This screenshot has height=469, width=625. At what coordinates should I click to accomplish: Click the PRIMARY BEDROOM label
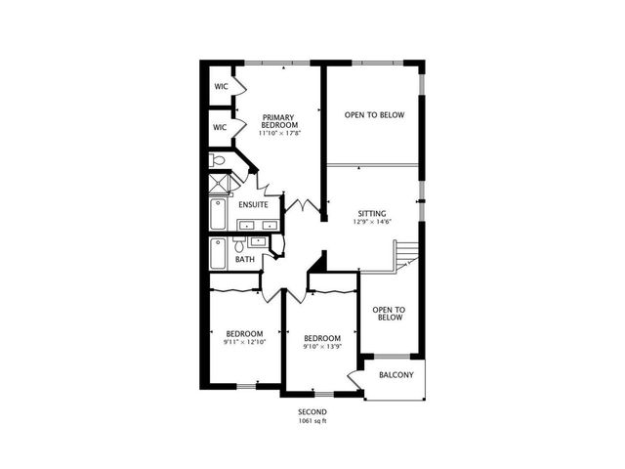tap(278, 120)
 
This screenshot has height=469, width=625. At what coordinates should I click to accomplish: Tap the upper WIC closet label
tap(221, 86)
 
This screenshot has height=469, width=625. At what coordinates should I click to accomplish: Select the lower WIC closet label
tap(221, 127)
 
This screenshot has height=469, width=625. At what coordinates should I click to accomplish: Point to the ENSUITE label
tap(253, 204)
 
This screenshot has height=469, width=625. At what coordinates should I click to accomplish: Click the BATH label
tap(244, 260)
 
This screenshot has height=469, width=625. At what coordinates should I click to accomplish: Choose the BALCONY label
tap(395, 375)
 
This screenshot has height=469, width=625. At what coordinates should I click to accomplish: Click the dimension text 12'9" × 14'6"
tap(371, 222)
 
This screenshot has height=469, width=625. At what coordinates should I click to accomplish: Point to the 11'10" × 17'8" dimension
tap(278, 132)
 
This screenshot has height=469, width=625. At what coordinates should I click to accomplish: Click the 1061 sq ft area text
tap(312, 421)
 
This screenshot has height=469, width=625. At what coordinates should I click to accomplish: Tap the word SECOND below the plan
tap(312, 412)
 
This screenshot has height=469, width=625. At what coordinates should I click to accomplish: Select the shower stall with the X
tap(222, 183)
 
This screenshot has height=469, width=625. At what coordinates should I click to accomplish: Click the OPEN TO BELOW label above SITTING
tap(374, 115)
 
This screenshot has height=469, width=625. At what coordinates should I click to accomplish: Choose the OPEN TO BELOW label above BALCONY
tap(389, 313)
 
